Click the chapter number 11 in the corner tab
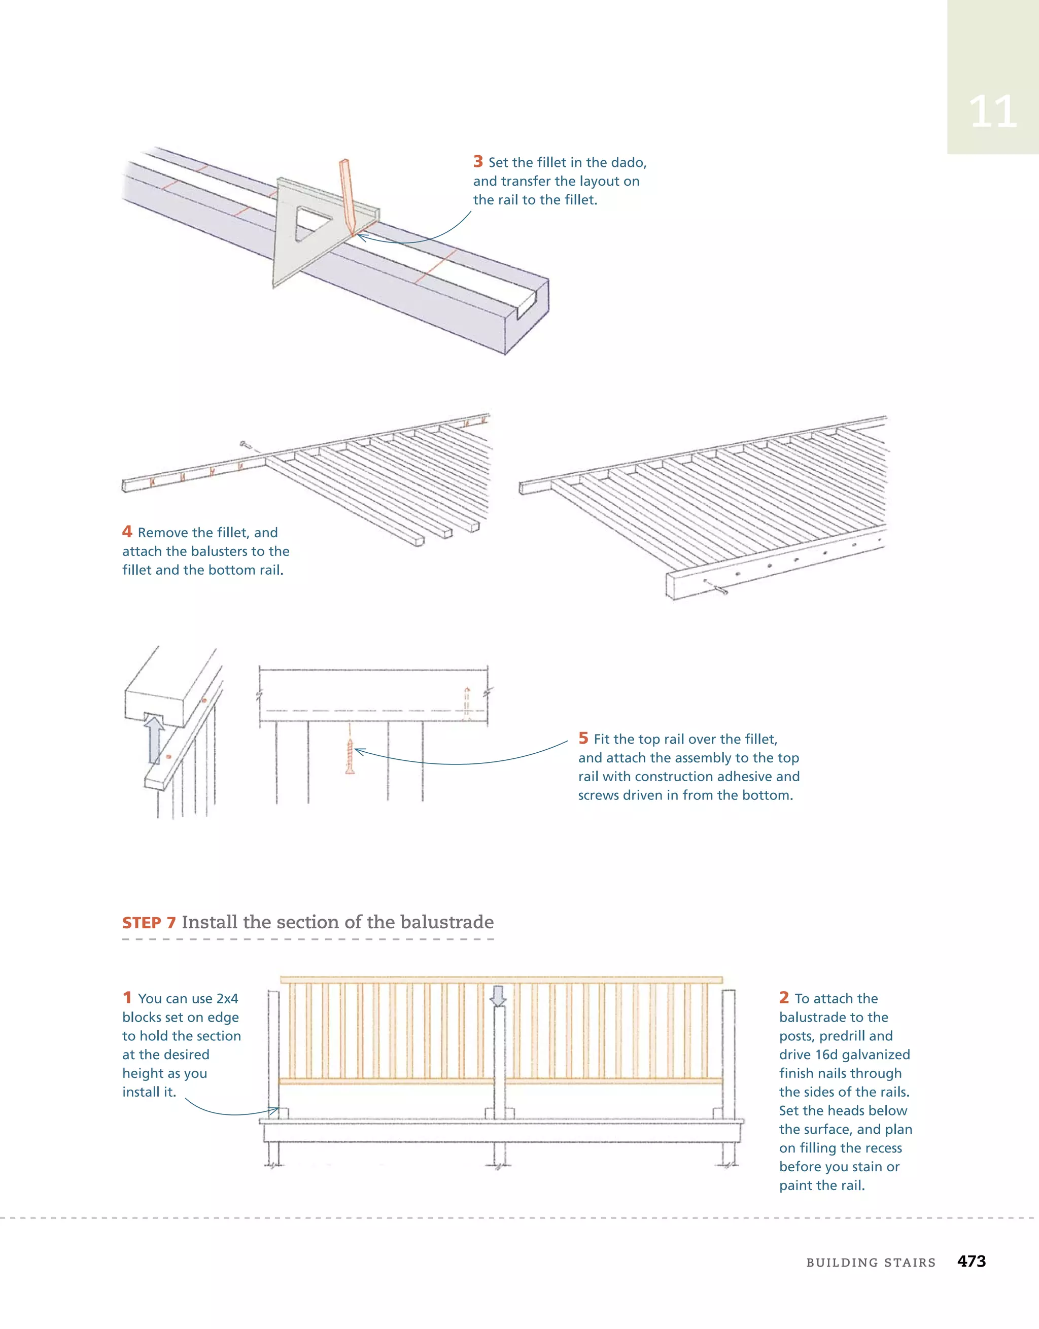click(992, 112)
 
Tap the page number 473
click(972, 1262)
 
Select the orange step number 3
click(478, 162)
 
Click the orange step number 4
click(127, 532)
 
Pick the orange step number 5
click(583, 738)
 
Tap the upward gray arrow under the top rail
click(155, 740)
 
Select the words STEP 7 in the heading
click(149, 923)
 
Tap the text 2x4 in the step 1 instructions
click(227, 999)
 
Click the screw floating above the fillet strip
click(246, 445)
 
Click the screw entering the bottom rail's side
click(718, 588)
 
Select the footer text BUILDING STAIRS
click(871, 1263)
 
